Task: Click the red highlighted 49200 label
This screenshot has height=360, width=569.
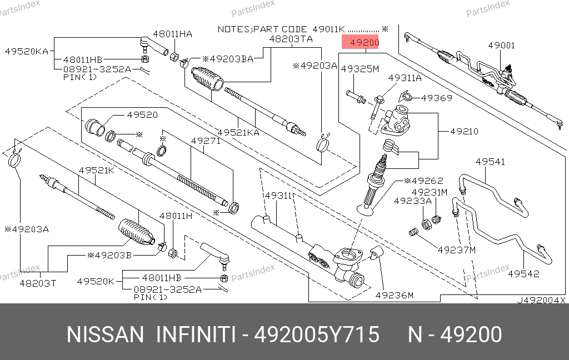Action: tap(361, 43)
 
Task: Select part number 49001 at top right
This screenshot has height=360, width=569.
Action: tap(501, 46)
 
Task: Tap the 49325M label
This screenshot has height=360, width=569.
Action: tap(360, 69)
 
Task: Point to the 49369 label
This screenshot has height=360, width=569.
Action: tap(436, 98)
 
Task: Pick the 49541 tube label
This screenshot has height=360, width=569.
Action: tap(490, 162)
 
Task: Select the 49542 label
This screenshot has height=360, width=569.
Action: tap(523, 274)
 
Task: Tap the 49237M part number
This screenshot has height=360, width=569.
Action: tap(457, 250)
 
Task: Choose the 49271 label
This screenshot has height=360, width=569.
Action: tap(206, 141)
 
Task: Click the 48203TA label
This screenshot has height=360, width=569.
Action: tap(291, 39)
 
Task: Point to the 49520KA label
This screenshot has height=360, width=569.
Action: tap(26, 51)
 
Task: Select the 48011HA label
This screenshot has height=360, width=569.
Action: tap(173, 34)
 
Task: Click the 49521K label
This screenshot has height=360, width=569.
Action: tap(96, 170)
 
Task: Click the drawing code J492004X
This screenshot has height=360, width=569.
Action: tap(541, 300)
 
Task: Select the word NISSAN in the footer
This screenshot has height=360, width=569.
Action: tap(105, 335)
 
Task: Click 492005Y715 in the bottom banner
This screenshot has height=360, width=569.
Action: tap(317, 335)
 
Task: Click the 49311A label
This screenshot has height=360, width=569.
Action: tap(405, 78)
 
